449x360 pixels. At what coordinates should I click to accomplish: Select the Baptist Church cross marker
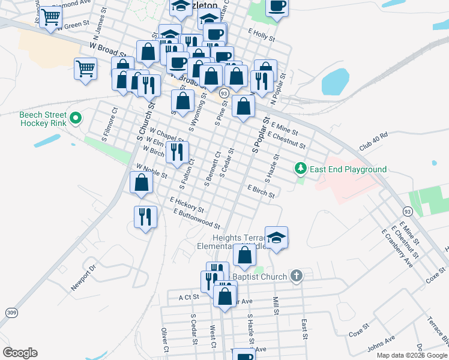[295, 277]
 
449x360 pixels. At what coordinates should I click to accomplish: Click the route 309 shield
[11, 312]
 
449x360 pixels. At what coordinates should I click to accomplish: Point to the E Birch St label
[261, 191]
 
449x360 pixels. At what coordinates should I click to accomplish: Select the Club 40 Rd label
[373, 142]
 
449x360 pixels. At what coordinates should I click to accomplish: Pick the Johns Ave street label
[381, 343]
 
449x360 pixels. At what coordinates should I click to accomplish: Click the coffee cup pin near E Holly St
[277, 7]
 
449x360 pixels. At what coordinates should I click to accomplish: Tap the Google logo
[20, 353]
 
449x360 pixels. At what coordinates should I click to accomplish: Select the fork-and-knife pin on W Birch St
[177, 152]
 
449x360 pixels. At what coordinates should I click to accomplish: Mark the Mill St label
[276, 305]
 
